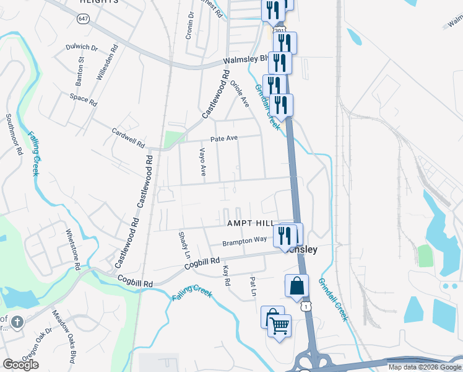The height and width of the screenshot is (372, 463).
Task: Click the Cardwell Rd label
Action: click(128, 137)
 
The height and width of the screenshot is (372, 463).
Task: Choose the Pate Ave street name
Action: click(224, 139)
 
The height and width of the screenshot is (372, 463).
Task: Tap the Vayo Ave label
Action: click(202, 162)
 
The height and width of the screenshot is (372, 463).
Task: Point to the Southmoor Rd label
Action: click(14, 134)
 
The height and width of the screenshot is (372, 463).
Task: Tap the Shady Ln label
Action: click(184, 246)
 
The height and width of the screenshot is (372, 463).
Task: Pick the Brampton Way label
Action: click(244, 239)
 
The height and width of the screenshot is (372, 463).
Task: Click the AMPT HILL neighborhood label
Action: click(250, 223)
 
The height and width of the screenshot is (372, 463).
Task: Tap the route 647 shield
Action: click(82, 19)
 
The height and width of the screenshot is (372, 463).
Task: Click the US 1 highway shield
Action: click(305, 306)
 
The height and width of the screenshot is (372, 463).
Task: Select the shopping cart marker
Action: click(280, 325)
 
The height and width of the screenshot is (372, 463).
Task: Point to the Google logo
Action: click(20, 365)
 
